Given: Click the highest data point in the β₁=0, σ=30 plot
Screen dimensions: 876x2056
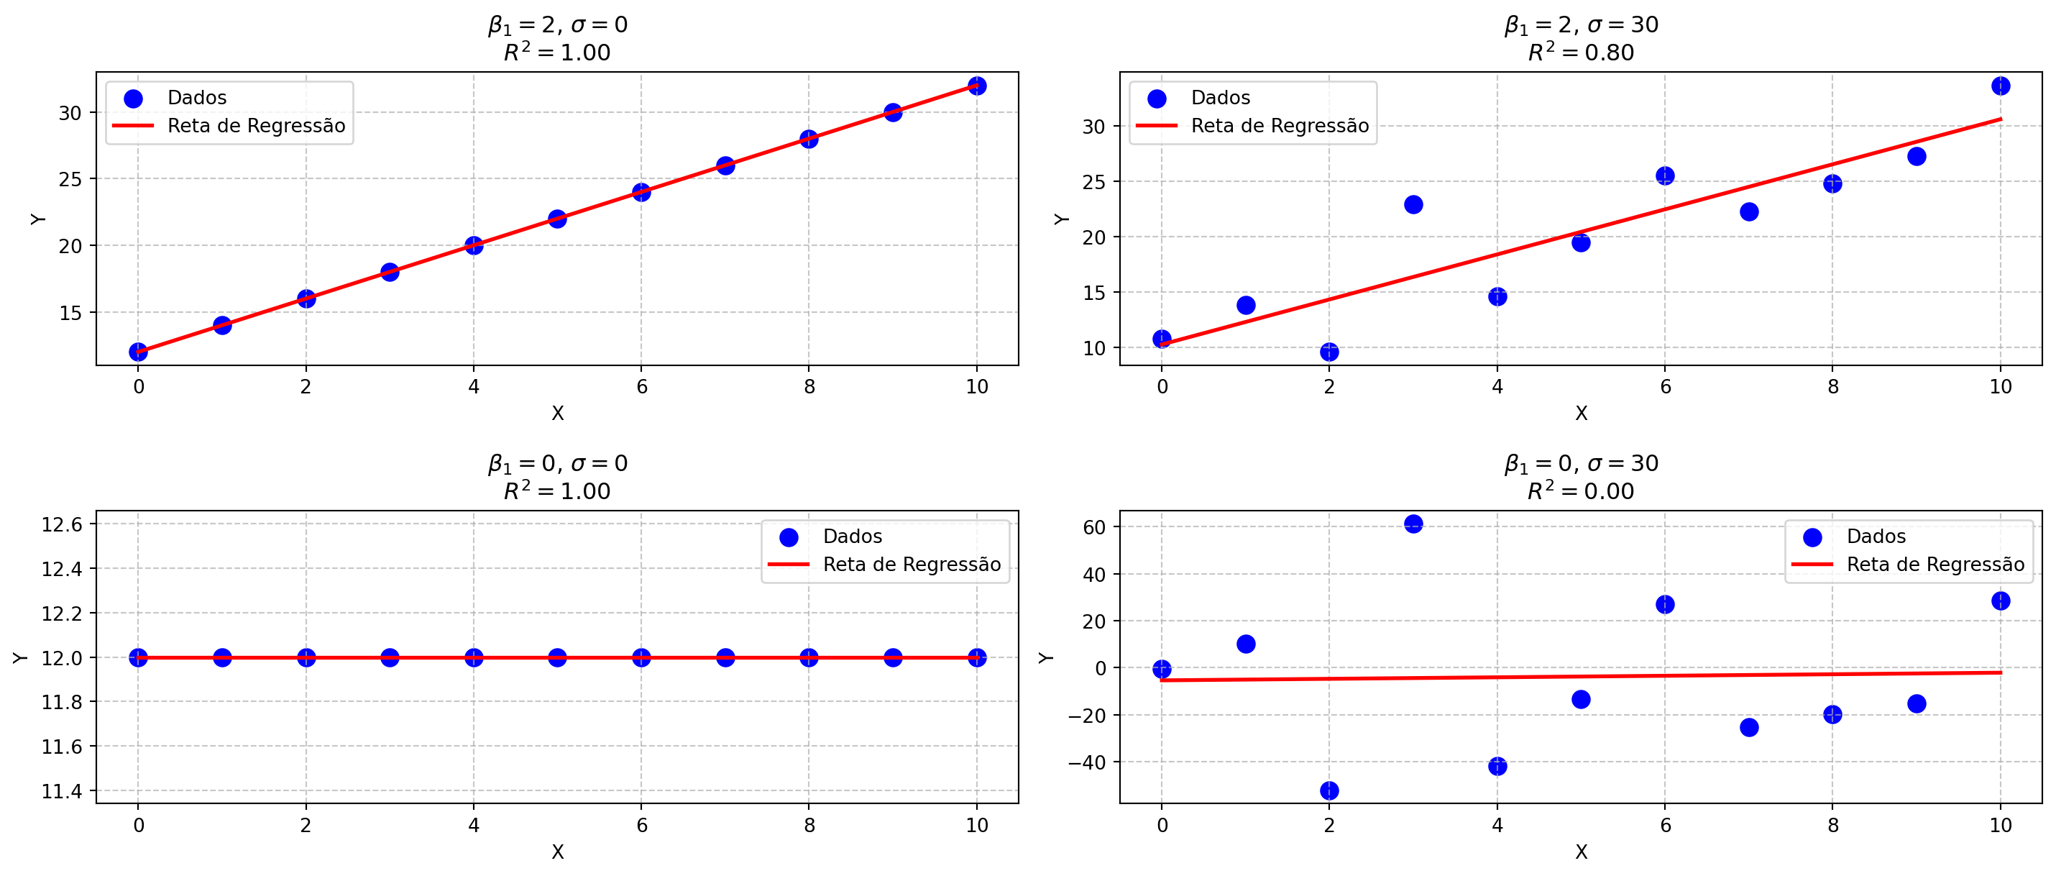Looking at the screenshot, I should coord(1413,524).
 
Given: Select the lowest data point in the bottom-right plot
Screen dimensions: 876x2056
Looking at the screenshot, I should coord(1329,790).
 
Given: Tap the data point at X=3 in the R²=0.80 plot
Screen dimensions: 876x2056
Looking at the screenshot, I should coord(1413,204).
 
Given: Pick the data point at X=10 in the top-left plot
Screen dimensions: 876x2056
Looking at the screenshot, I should coord(976,86).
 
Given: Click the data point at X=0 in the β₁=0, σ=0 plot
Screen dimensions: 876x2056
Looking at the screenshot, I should coord(138,657).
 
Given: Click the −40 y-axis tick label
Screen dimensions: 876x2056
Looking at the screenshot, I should coord(1086,762).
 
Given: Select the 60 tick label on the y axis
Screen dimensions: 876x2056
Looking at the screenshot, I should coord(1094,527).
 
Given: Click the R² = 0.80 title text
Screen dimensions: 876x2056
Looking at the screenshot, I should coord(1580,52).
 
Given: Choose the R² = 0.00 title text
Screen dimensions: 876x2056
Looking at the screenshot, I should coord(1580,491).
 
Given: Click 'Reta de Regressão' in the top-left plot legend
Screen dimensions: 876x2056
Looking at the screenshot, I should coord(256,125).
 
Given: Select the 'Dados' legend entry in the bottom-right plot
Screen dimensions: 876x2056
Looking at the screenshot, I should coord(1876,536).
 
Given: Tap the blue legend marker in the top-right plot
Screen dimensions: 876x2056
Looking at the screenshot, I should coord(1157,99).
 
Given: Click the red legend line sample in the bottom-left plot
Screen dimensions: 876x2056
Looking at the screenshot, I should coord(788,565).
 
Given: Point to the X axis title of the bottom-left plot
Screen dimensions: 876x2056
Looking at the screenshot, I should coord(557,852).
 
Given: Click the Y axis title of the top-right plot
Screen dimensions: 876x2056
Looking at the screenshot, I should coord(1061,219).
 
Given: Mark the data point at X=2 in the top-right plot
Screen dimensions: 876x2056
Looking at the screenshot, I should coord(1329,352).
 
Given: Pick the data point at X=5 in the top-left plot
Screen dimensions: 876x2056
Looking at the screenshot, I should coord(557,219).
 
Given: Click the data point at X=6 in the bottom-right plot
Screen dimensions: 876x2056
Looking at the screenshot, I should coord(1665,604).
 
